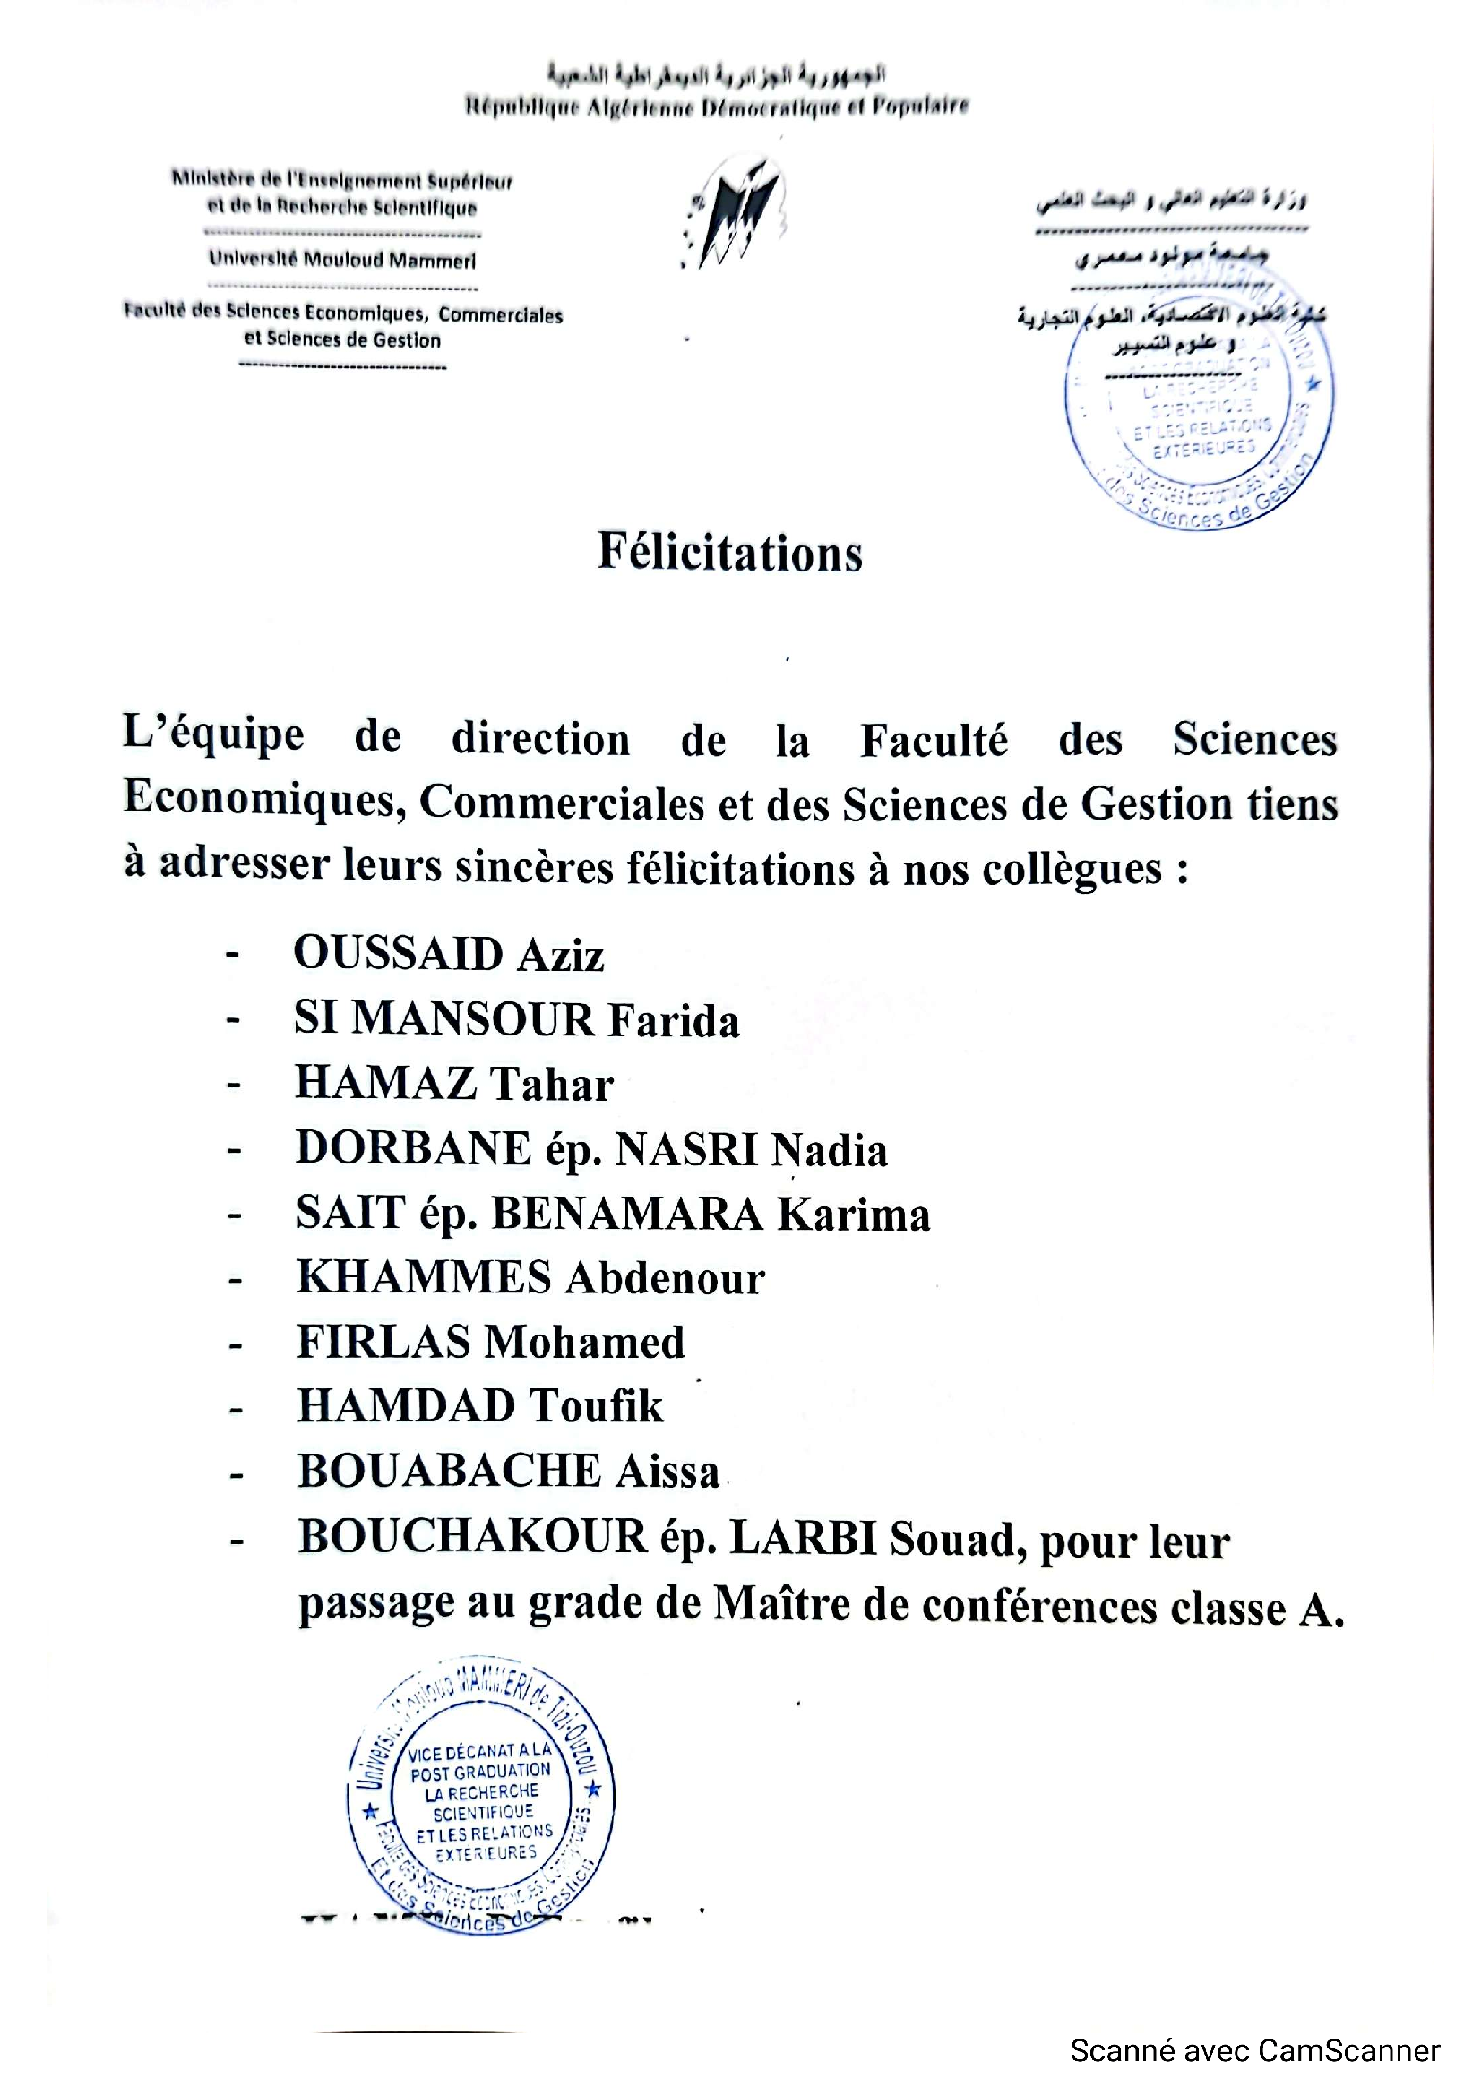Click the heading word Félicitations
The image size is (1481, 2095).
point(729,553)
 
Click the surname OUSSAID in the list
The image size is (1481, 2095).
point(398,955)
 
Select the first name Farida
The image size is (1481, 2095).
point(674,1021)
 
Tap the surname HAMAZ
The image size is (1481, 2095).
point(385,1085)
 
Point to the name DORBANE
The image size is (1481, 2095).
point(412,1149)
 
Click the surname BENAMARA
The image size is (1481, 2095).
point(627,1215)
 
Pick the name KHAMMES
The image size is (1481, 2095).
point(424,1278)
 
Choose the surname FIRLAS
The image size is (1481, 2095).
point(383,1343)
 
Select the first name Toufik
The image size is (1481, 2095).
point(597,1406)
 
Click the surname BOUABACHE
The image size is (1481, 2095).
point(449,1471)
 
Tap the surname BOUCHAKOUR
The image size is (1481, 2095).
point(472,1538)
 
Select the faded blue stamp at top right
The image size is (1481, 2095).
point(1199,401)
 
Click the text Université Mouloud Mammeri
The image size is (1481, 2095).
point(342,260)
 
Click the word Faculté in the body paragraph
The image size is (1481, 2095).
point(934,739)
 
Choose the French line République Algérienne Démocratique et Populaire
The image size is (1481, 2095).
point(717,107)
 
